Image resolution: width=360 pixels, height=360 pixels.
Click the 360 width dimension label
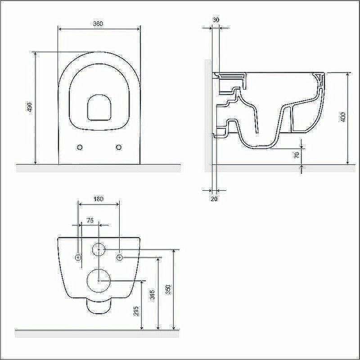pyautogui.click(x=98, y=24)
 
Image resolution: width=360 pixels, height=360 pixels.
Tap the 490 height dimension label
pyautogui.click(x=29, y=107)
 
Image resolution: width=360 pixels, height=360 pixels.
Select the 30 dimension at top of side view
pyautogui.click(x=216, y=20)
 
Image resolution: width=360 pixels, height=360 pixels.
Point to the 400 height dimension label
pyautogui.click(x=342, y=117)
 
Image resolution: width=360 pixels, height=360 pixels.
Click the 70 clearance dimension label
pyautogui.click(x=297, y=155)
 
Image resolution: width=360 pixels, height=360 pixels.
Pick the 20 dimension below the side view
pyautogui.click(x=214, y=199)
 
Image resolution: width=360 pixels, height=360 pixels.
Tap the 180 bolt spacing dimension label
pyautogui.click(x=98, y=199)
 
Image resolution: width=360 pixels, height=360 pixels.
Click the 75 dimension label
pyautogui.click(x=90, y=220)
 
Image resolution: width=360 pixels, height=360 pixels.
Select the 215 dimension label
pyautogui.click(x=136, y=311)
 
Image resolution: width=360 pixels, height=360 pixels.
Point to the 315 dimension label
pyautogui.click(x=152, y=295)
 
